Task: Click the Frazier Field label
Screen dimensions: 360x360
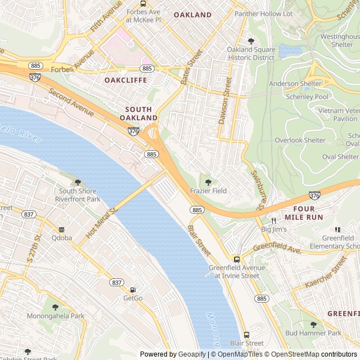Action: tap(208, 191)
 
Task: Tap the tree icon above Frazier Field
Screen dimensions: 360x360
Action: tap(208, 182)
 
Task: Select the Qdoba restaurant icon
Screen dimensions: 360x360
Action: tap(61, 229)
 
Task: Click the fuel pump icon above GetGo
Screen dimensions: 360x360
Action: tap(133, 290)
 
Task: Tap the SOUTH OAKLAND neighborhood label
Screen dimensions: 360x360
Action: tap(138, 114)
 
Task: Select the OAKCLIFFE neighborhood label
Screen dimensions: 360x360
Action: tap(125, 80)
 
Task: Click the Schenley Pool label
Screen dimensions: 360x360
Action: tap(306, 97)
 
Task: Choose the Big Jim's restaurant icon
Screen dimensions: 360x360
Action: tap(274, 220)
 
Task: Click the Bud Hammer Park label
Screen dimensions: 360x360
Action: tap(313, 333)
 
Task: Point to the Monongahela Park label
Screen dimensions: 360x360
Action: tap(56, 316)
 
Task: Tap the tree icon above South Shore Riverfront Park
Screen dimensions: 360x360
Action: tap(78, 182)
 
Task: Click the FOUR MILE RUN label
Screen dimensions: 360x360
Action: tap(303, 212)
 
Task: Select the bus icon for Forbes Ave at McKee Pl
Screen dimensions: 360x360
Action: tap(143, 3)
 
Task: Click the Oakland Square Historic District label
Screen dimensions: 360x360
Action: tap(251, 53)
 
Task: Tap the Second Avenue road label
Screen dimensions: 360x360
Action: tap(71, 103)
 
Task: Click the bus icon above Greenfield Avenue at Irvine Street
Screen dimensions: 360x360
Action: tap(237, 259)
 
